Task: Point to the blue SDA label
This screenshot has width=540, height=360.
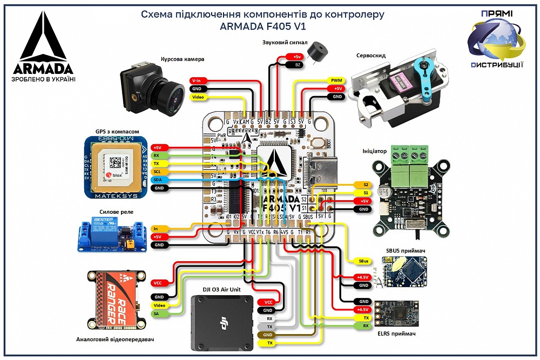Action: click(158, 180)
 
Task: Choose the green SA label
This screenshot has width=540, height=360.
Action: click(158, 314)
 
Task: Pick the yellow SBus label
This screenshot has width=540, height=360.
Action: click(364, 261)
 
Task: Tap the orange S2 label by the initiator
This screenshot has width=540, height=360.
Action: click(364, 184)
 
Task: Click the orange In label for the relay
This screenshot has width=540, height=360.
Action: click(158, 228)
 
